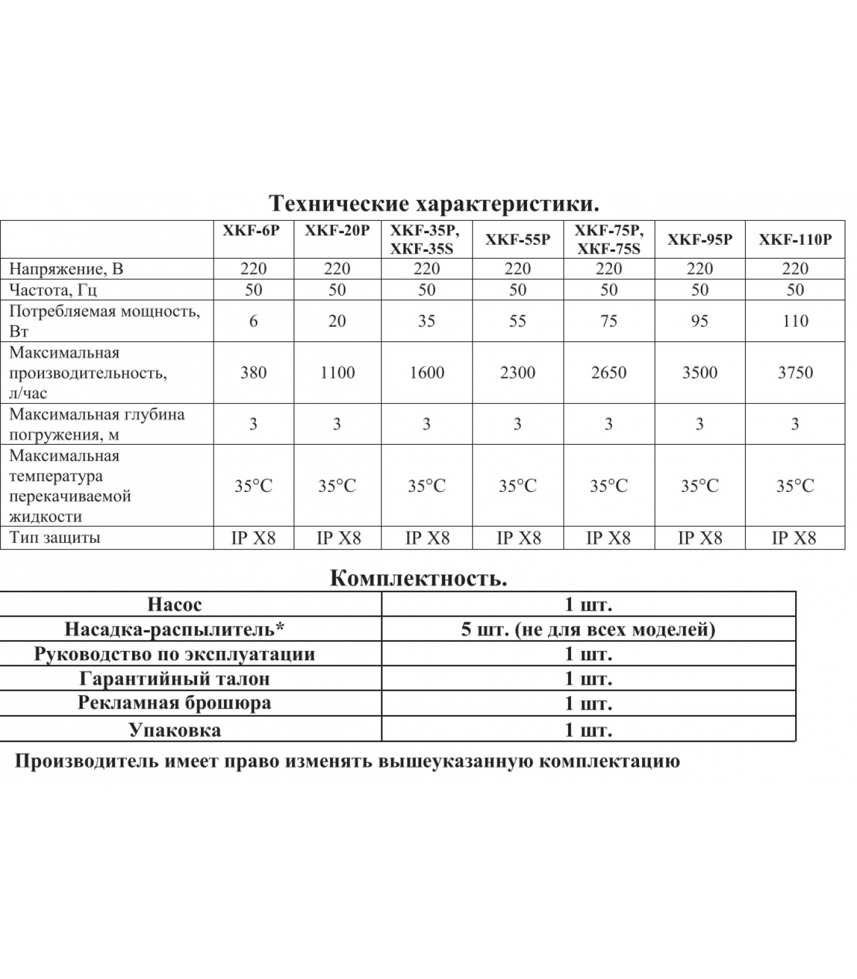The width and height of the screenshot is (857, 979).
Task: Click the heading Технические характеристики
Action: point(434,203)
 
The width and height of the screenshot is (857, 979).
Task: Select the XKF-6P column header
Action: point(253,232)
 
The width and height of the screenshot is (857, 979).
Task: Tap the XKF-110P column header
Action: point(795,239)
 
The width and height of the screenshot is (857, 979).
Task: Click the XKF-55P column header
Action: point(518,239)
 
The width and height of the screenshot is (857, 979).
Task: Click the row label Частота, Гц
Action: point(53,289)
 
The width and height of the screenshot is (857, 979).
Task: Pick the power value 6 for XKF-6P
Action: point(253,321)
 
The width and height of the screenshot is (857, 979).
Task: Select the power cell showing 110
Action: point(795,321)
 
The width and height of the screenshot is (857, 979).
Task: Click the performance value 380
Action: point(253,373)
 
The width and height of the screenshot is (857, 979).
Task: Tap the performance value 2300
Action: point(518,373)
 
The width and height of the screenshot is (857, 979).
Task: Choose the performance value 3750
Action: point(795,373)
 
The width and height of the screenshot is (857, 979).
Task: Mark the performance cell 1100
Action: point(337,373)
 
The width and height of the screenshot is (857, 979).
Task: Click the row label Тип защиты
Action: point(54,538)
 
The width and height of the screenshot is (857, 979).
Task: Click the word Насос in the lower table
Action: point(174,605)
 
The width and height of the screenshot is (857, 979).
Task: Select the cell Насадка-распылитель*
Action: point(174,629)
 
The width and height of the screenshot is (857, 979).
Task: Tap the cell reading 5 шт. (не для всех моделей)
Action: point(588,629)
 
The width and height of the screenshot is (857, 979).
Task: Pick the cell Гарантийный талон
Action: point(174,679)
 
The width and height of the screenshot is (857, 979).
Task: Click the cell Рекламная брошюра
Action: point(174,703)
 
